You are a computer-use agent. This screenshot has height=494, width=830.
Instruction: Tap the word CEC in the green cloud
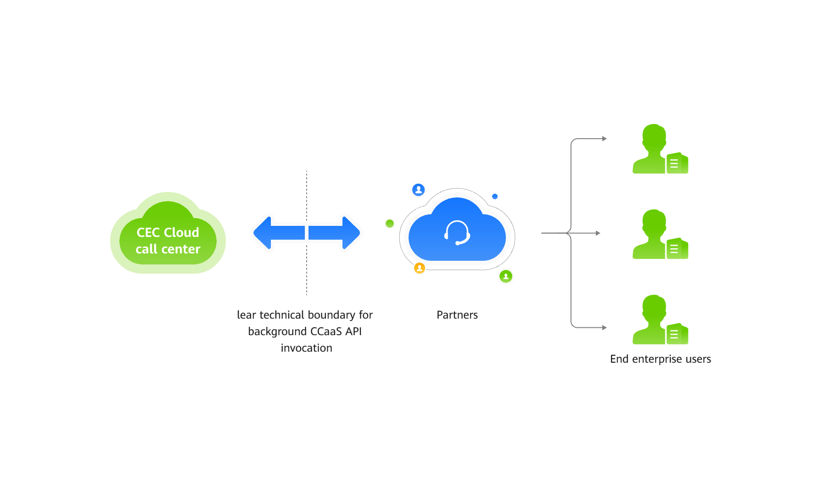pos(148,233)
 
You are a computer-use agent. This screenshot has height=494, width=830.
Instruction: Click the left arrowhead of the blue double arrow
pos(264,233)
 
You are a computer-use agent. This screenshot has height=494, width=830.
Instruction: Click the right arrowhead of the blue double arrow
pos(350,233)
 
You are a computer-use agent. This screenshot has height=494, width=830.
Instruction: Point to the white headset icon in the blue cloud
pos(457,233)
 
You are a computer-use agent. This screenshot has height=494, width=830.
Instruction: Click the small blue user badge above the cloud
pos(418,190)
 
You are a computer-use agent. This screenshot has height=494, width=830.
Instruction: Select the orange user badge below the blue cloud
pos(420,268)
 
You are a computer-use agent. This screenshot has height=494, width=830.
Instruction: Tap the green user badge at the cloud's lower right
pos(506,276)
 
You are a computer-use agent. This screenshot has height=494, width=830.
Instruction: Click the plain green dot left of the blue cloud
pos(390,224)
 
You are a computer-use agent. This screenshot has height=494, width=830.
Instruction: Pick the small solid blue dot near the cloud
pos(495,196)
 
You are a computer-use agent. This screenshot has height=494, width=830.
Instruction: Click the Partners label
pos(457,315)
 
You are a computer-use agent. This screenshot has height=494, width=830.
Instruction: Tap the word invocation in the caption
pos(307,348)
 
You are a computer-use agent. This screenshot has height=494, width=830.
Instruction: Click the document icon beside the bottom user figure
pos(676,334)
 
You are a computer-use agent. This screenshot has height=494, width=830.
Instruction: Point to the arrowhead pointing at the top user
pos(605,139)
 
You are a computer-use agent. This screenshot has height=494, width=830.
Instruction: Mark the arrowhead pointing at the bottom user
pos(605,328)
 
